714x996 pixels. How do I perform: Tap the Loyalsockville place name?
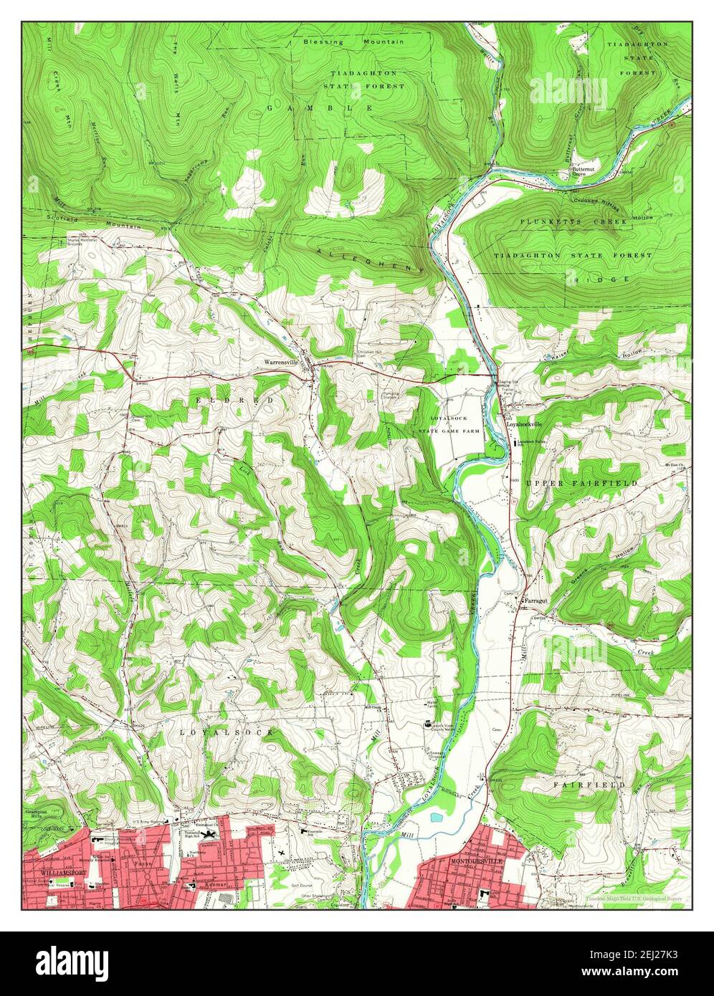pos(525,425)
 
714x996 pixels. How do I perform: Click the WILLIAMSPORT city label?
pos(48,873)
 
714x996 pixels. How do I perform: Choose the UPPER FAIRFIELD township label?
pos(581,484)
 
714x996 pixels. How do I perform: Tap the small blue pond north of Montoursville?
pos(435,816)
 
